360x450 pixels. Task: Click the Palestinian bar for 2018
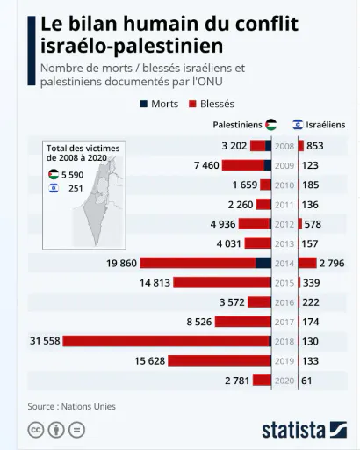167,341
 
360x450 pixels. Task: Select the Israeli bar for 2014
307,263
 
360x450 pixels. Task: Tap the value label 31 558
45,341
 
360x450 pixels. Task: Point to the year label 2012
284,224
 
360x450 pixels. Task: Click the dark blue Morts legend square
144,104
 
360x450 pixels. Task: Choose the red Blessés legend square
192,104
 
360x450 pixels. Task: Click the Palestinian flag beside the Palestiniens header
271,125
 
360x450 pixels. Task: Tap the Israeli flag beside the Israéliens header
298,125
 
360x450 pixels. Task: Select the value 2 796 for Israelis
332,263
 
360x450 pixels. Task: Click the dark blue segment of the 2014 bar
263,263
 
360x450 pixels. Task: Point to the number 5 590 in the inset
73,175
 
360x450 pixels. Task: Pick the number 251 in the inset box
76,188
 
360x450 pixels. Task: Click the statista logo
305,430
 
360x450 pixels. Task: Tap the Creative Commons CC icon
36,430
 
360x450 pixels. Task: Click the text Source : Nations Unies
72,406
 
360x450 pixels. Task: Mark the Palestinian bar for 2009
247,165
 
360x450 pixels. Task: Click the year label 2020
284,381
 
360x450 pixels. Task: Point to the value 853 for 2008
315,146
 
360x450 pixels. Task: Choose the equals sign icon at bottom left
76,430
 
